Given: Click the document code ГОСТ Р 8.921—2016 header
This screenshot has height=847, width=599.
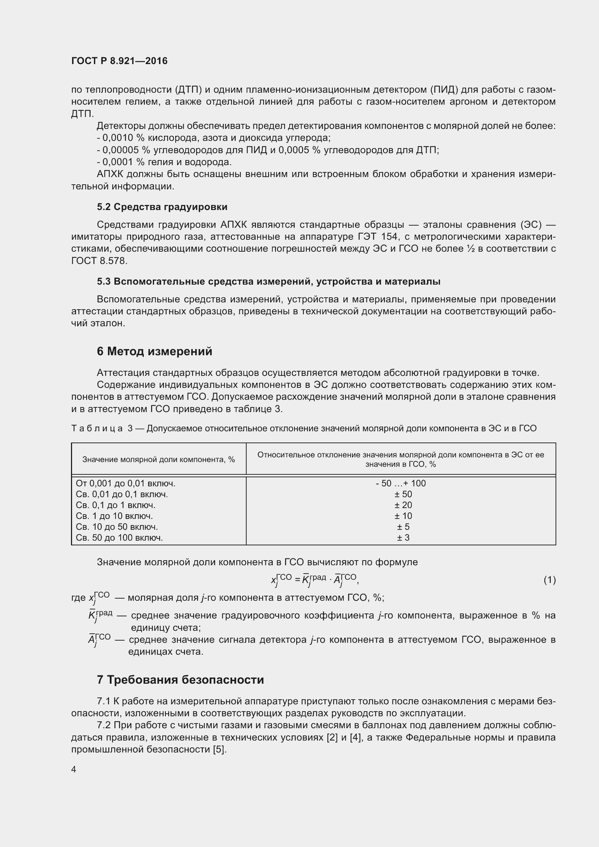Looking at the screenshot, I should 119,61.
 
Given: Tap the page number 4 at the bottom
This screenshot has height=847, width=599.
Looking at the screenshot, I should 74,770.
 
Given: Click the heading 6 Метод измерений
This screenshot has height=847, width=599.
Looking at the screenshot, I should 155,351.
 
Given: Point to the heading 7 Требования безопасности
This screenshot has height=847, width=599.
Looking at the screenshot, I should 180,679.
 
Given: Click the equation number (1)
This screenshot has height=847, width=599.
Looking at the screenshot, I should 549,580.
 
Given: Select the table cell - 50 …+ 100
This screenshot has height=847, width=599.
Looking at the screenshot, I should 401,483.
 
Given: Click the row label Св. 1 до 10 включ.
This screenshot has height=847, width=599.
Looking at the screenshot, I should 114,516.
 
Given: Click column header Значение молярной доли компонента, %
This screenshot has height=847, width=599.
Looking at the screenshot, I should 159,459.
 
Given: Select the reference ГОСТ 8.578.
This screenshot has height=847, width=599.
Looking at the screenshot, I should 99,261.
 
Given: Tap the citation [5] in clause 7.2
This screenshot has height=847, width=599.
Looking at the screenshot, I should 219,750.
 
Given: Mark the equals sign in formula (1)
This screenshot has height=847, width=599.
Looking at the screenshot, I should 297,579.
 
